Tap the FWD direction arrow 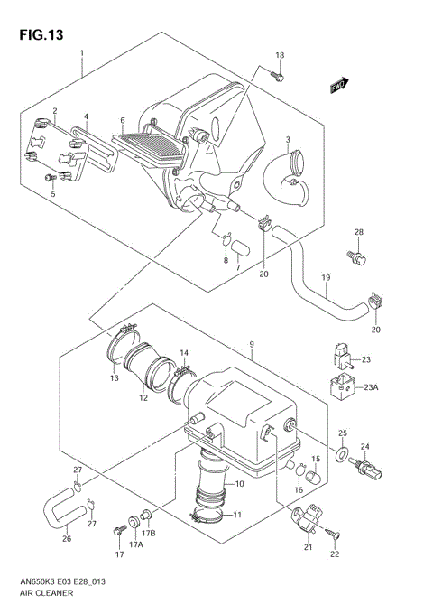point(339,86)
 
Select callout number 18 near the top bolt point(279,56)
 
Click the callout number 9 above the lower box point(253,344)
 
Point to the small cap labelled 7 point(238,246)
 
